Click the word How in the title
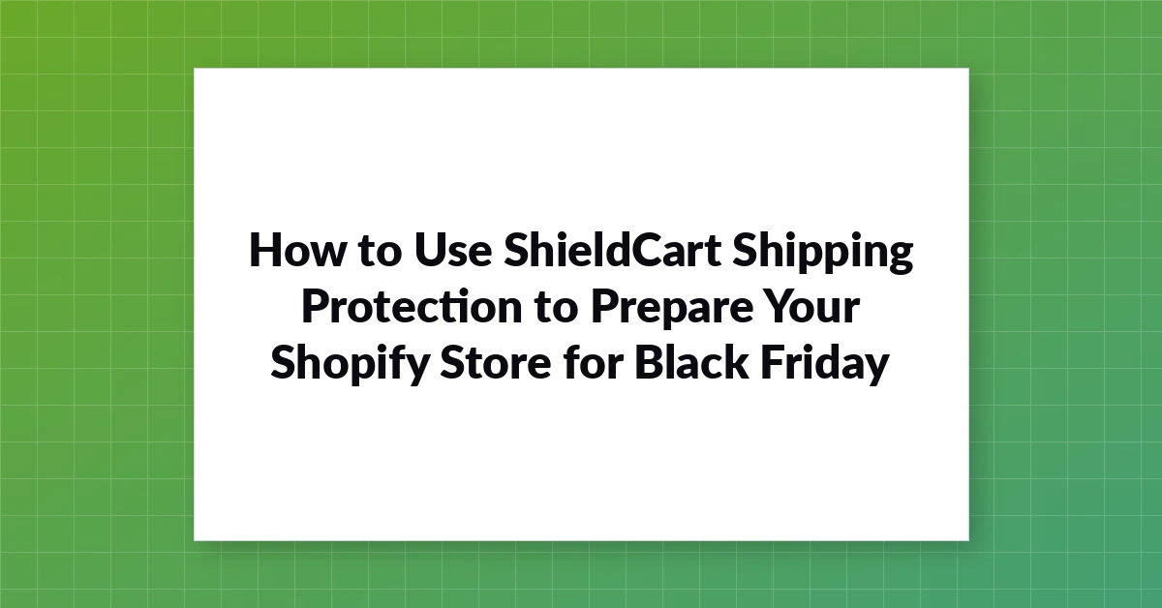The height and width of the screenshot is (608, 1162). click(x=297, y=250)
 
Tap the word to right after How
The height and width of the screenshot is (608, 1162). click(x=380, y=251)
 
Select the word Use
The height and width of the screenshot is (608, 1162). click(x=453, y=250)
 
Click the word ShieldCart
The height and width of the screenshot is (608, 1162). click(x=612, y=249)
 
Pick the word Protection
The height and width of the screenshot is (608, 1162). click(x=412, y=306)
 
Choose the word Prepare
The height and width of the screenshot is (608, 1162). click(x=672, y=309)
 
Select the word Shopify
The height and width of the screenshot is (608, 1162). click(x=350, y=365)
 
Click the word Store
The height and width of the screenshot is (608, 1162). click(x=496, y=362)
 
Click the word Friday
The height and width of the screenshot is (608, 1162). click(x=825, y=364)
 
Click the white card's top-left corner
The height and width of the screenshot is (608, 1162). click(x=194, y=68)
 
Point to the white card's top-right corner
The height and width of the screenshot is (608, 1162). click(x=969, y=68)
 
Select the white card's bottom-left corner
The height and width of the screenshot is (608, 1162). click(x=194, y=541)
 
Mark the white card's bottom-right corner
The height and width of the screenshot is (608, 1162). click(x=969, y=541)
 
